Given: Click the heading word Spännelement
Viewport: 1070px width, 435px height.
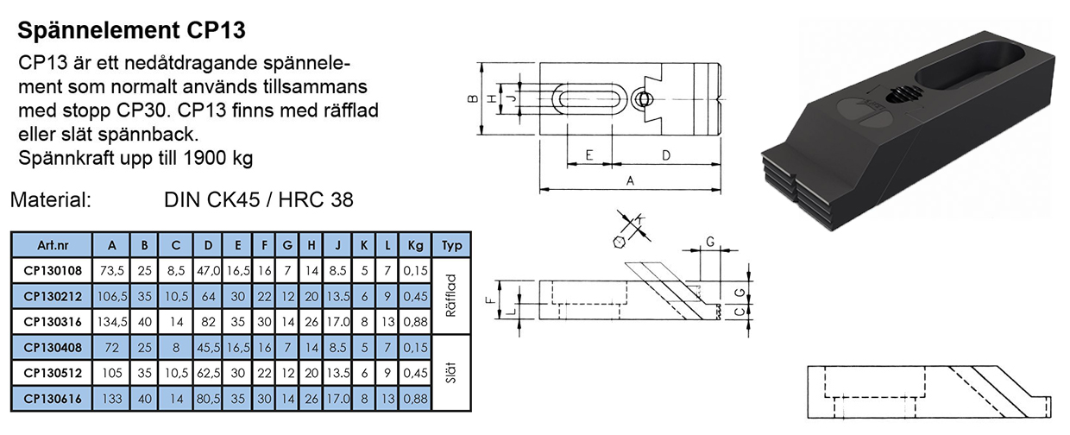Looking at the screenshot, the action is [98, 30].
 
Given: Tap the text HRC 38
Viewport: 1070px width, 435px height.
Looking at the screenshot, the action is [316, 200].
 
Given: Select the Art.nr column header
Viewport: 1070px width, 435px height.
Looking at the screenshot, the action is [53, 245].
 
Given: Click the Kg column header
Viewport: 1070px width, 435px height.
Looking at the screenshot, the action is [415, 245].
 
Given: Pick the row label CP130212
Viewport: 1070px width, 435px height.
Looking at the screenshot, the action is [53, 296].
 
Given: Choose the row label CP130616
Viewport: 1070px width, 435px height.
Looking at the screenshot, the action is [53, 399].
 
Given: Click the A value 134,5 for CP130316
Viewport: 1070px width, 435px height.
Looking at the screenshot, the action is [112, 322].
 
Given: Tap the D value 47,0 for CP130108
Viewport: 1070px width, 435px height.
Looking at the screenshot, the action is [208, 271].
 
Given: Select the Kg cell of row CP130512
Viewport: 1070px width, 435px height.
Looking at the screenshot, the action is [415, 373].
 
